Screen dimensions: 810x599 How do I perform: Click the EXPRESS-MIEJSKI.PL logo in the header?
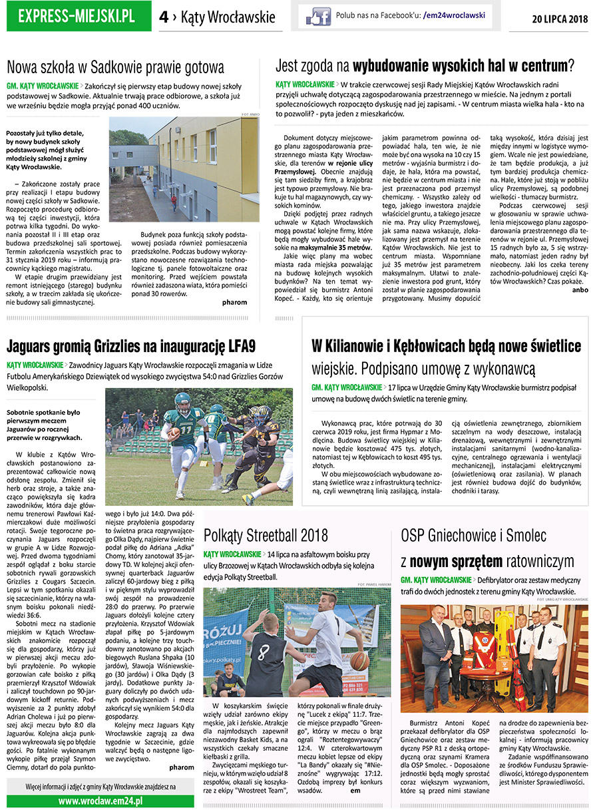click(x=77, y=17)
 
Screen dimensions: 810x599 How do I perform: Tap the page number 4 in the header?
click(x=164, y=17)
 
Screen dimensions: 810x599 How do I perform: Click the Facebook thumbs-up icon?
click(x=314, y=17)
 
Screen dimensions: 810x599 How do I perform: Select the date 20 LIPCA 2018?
click(x=560, y=19)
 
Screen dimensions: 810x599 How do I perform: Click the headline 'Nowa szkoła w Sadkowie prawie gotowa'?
click(x=115, y=67)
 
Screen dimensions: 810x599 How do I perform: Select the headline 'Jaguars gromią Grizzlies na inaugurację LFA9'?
click(x=131, y=346)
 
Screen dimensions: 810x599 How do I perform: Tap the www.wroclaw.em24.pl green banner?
click(x=100, y=801)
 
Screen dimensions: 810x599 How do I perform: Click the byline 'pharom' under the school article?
click(x=235, y=302)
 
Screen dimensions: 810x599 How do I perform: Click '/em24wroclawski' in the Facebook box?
click(x=454, y=15)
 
